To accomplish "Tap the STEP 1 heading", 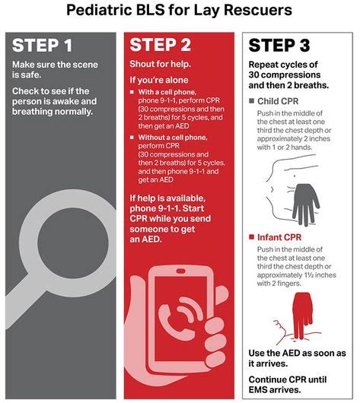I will click(50, 46).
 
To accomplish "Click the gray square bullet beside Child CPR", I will click(252, 100).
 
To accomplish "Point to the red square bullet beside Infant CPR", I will click(252, 237).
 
